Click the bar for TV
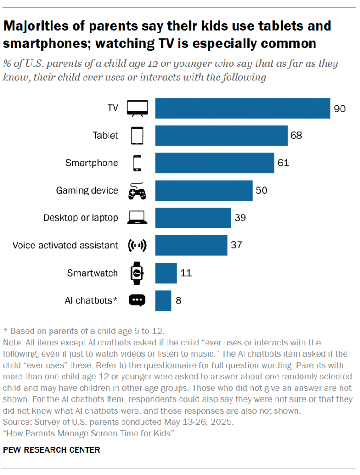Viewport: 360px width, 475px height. (243, 109)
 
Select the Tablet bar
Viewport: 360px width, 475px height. (221, 136)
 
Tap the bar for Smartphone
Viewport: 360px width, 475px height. (214, 163)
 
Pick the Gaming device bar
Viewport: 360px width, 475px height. (204, 190)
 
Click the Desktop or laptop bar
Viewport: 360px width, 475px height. (193, 218)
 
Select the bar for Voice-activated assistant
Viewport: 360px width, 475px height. (191, 245)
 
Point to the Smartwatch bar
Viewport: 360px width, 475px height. (166, 273)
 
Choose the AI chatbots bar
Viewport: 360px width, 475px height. (163, 300)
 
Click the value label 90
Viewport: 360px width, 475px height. (340, 109)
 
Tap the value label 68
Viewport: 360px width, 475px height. (296, 136)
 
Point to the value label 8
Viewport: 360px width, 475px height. (179, 300)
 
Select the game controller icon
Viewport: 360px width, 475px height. (137, 190)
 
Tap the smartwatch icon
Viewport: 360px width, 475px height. (137, 273)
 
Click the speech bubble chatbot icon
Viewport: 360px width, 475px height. (137, 300)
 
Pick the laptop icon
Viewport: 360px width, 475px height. (137, 218)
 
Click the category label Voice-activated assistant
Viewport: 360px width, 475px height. (65, 245)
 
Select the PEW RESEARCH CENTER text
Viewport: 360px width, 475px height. (51, 450)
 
